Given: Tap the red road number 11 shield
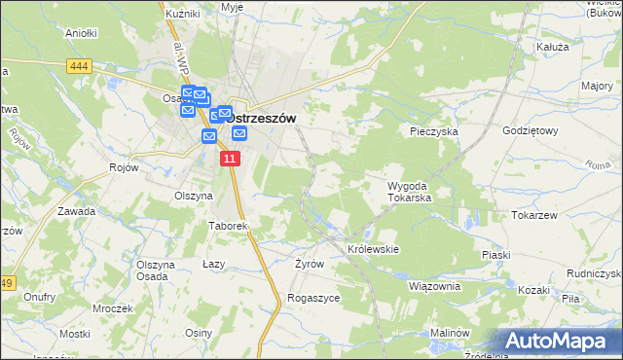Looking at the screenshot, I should (x=229, y=159).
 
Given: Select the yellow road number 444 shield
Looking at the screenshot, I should (x=81, y=66).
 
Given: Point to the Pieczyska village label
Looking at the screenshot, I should (x=433, y=130).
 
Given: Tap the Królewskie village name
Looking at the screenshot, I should (x=374, y=249).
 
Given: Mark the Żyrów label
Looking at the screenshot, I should (x=309, y=264).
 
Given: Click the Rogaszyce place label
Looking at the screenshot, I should (x=313, y=298).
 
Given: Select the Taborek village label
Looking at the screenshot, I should (x=229, y=226).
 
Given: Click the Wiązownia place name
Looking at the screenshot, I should (x=434, y=286).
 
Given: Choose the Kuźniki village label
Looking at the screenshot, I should (x=182, y=14).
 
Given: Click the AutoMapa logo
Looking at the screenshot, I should (x=559, y=341).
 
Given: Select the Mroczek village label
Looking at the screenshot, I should (x=113, y=308).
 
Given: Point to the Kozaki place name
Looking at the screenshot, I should (x=534, y=290).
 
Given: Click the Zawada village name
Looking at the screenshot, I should (x=76, y=211).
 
